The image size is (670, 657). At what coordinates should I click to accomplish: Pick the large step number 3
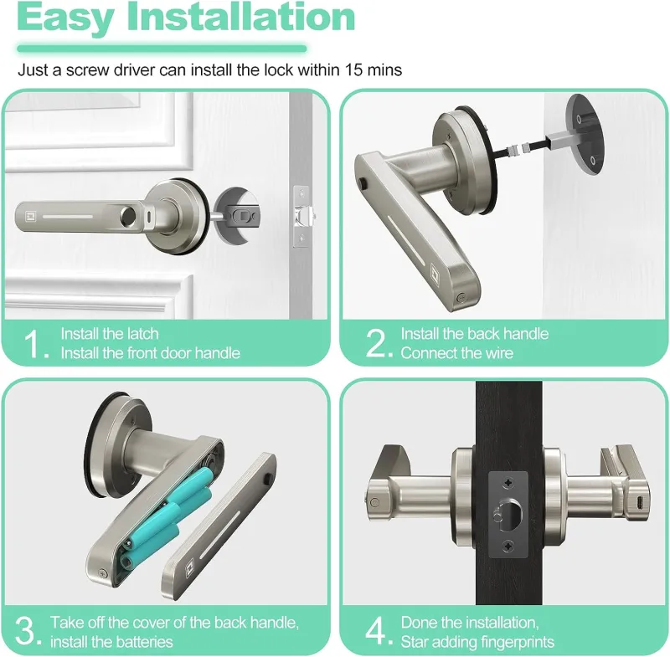tap(28, 632)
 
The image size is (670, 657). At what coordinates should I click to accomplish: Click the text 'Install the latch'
tap(109, 334)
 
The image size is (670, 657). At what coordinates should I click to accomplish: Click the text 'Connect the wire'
tap(456, 353)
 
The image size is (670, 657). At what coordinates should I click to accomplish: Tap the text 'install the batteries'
tap(111, 642)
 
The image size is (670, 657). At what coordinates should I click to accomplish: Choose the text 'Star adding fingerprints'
tap(477, 642)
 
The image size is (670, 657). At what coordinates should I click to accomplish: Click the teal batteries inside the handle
tap(167, 519)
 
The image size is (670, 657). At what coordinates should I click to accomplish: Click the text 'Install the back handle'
tap(474, 334)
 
